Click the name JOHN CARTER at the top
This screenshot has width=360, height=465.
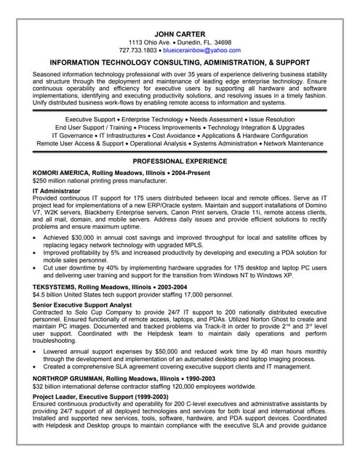click(180, 33)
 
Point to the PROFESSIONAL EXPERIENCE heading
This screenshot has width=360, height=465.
click(180, 160)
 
